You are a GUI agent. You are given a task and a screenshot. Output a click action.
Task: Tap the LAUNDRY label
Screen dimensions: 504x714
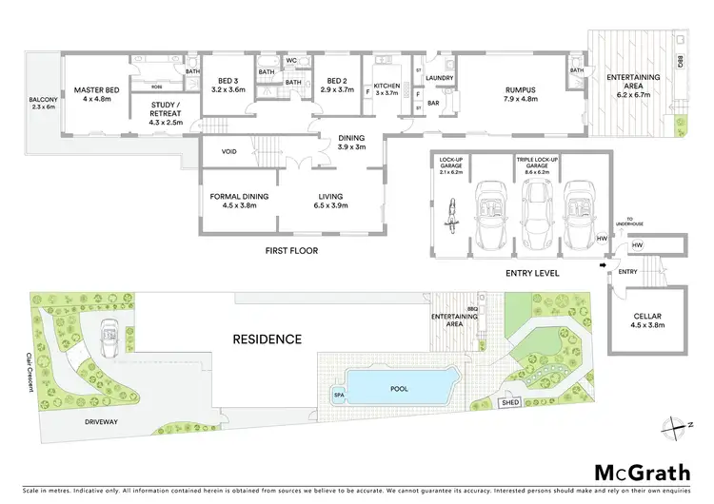click(438, 78)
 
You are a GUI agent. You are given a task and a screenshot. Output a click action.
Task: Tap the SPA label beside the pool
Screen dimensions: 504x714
click(338, 393)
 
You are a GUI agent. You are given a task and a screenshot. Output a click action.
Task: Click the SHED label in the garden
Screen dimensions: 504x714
click(511, 402)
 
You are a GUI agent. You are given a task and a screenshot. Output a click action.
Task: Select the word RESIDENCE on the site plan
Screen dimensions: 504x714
click(269, 339)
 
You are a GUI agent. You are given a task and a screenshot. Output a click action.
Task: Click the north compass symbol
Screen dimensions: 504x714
click(671, 425)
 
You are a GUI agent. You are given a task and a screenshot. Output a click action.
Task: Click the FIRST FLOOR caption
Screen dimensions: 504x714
click(292, 250)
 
